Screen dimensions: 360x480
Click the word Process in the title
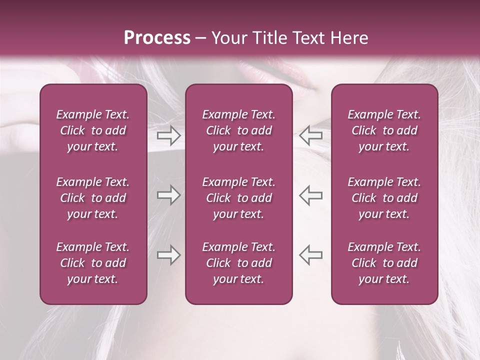(157, 38)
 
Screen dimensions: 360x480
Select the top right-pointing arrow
(168, 135)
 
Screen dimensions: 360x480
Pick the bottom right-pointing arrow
(168, 254)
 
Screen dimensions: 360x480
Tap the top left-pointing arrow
(310, 135)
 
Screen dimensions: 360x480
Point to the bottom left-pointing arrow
(310, 254)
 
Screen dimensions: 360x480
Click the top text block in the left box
(93, 130)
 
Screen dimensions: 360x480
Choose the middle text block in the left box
(93, 198)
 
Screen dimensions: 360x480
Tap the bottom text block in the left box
(93, 263)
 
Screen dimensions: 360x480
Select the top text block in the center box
(239, 130)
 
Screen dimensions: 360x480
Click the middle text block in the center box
(239, 198)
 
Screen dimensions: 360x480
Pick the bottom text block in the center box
(239, 263)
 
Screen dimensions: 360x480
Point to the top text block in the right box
(384, 130)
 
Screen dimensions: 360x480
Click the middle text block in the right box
(384, 198)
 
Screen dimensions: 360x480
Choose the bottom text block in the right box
(384, 263)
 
